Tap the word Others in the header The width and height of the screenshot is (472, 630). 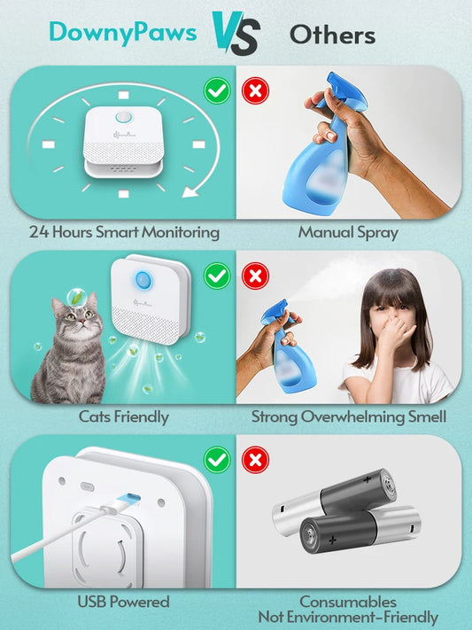click(x=332, y=35)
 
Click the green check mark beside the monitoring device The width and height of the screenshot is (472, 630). click(x=216, y=90)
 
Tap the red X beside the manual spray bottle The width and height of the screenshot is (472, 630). click(x=255, y=90)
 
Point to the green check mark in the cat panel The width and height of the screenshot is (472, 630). click(x=216, y=276)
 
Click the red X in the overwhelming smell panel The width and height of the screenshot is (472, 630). click(x=255, y=276)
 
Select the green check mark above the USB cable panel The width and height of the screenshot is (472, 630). click(x=216, y=459)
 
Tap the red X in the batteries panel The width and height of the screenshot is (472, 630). click(x=255, y=459)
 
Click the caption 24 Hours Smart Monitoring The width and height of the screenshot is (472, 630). click(x=123, y=233)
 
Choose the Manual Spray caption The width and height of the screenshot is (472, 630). click(x=348, y=233)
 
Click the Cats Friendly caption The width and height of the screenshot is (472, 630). click(x=123, y=416)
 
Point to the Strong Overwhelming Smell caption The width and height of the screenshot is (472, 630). click(x=348, y=416)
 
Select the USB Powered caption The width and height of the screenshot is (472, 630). click(x=123, y=602)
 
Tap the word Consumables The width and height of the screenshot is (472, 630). click(x=347, y=602)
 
